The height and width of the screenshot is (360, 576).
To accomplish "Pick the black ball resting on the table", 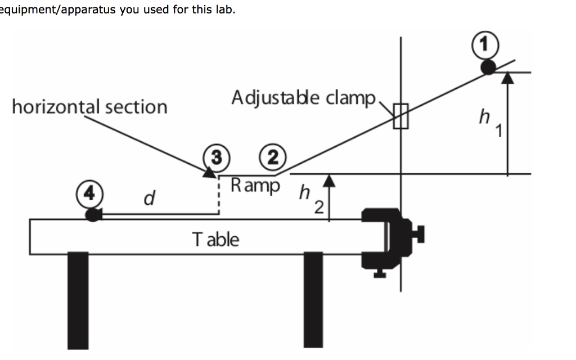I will tap(93, 214).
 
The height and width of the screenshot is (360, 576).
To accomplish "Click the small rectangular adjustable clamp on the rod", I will tap(400, 116).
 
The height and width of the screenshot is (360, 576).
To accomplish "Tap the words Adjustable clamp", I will tap(303, 98).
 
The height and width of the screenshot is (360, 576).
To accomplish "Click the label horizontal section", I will tap(89, 106).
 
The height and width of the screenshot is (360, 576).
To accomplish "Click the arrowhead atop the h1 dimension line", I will tap(508, 78).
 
